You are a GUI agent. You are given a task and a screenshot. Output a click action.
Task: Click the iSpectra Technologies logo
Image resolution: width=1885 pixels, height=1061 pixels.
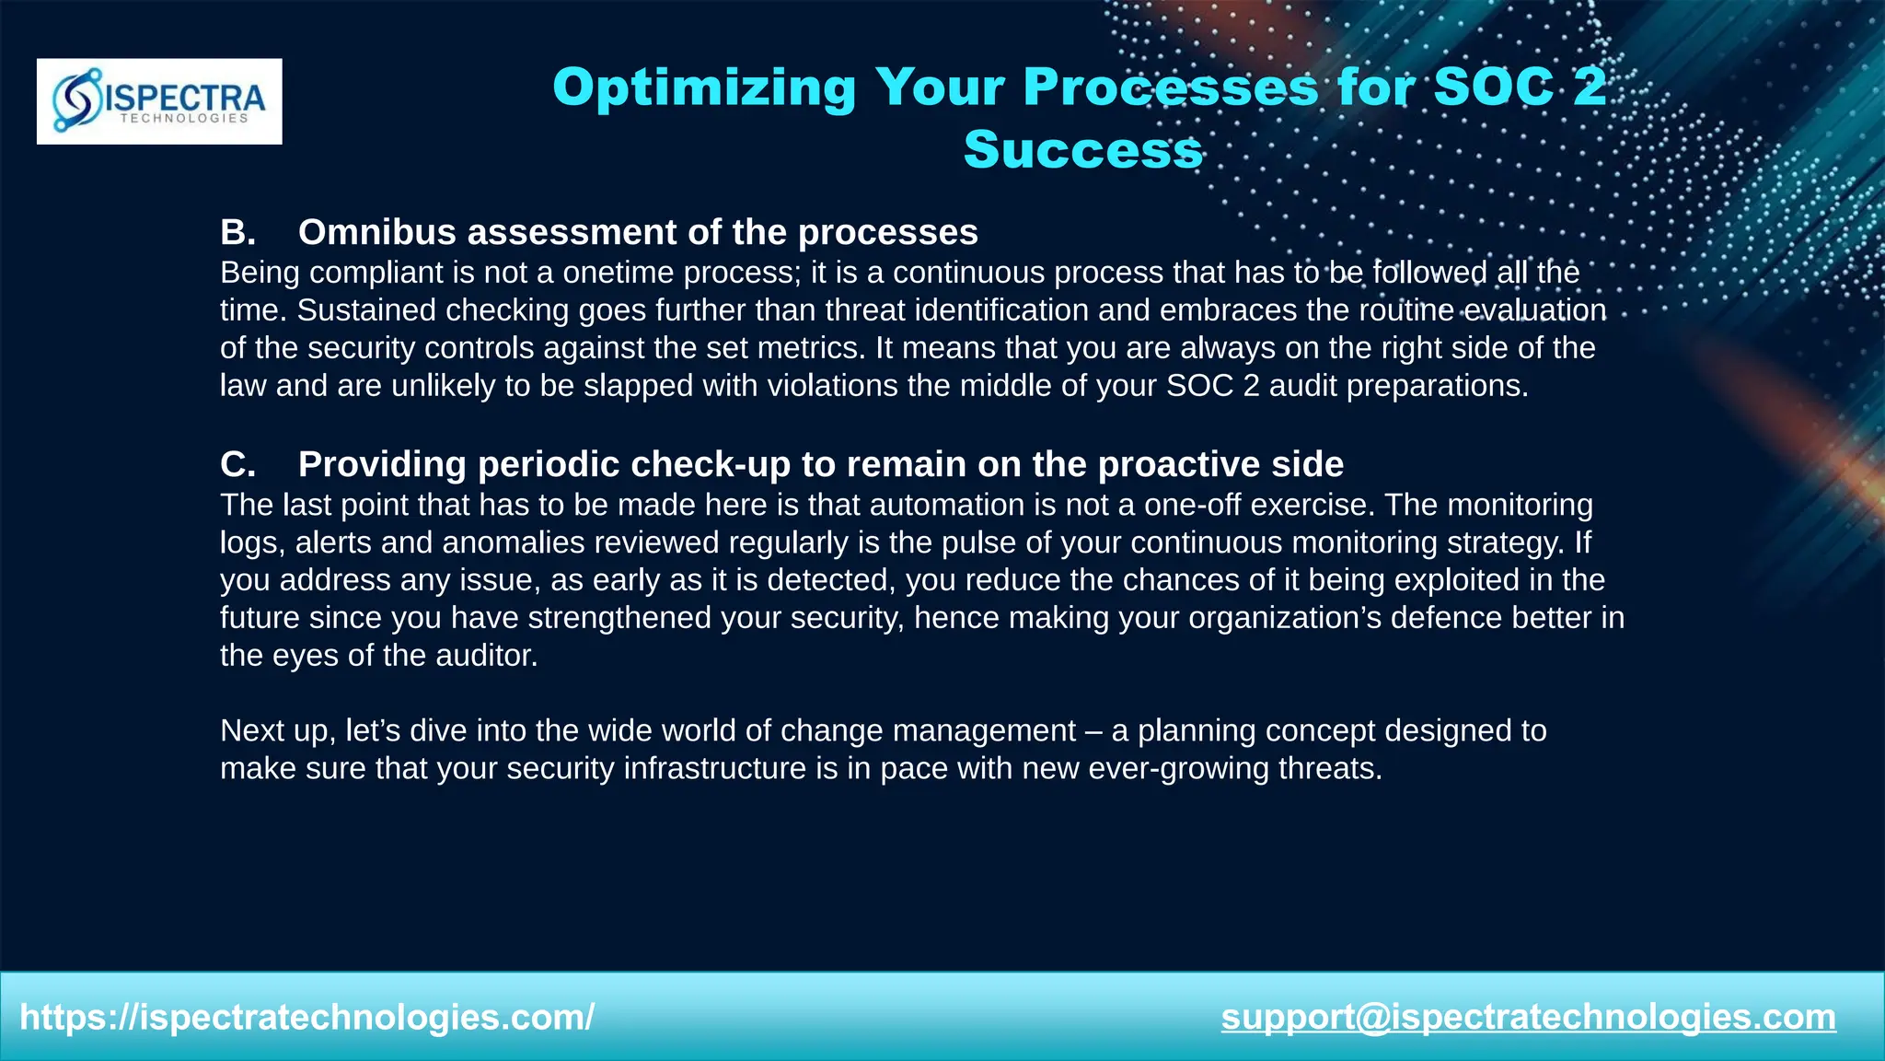159,101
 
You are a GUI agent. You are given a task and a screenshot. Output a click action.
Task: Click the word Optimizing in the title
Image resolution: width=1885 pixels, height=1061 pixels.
704,87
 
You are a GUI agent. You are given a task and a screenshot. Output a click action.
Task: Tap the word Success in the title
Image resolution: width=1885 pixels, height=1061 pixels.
1082,149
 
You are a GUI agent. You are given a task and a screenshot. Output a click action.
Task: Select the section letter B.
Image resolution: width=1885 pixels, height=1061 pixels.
237,232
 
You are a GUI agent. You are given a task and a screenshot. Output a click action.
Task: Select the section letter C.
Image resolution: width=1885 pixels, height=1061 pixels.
237,464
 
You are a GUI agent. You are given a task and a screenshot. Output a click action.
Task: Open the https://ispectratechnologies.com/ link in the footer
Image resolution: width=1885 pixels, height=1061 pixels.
307,1018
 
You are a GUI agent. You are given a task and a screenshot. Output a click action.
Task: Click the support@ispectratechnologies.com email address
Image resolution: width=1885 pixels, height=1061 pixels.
1528,1018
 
